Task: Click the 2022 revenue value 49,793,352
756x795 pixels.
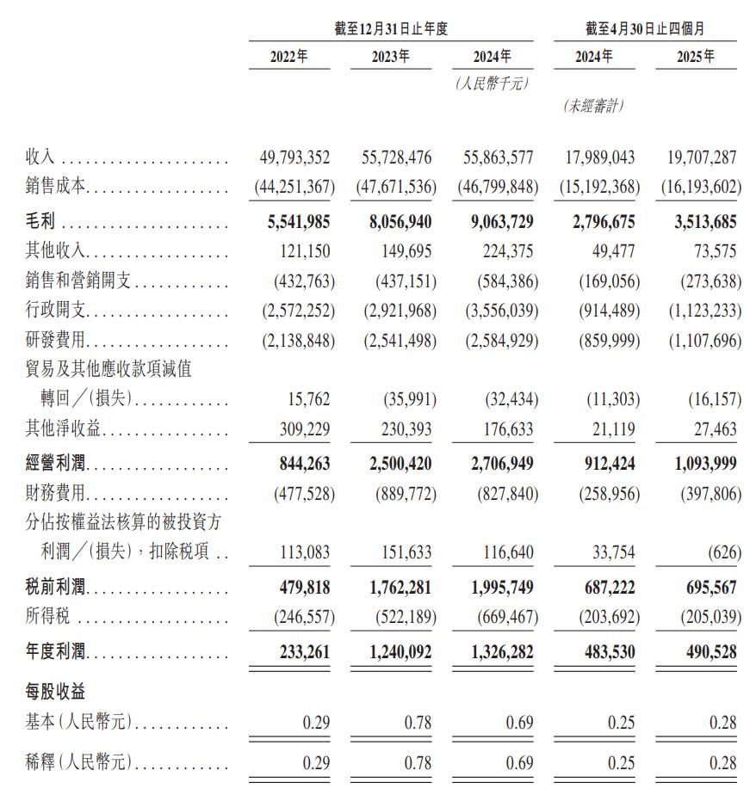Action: [294, 158]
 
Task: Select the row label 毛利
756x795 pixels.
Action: [40, 222]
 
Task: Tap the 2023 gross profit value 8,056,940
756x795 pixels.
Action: [394, 222]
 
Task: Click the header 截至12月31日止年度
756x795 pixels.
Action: [391, 28]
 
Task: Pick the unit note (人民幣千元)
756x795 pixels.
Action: [491, 83]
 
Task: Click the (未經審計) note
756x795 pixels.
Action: [593, 106]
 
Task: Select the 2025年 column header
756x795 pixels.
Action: [696, 57]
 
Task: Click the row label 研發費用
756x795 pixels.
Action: [56, 341]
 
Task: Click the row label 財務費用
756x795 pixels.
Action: [56, 494]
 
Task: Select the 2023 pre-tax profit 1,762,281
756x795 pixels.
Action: [394, 589]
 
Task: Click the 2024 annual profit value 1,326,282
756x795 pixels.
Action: [496, 652]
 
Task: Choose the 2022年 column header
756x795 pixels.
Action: [288, 57]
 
